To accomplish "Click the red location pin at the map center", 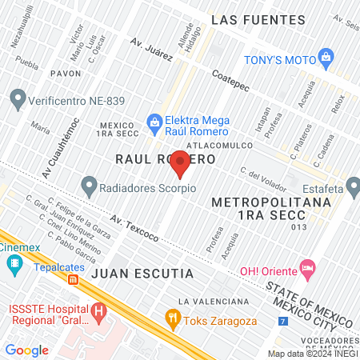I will [x=180, y=163].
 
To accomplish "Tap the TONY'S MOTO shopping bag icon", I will [x=326, y=57].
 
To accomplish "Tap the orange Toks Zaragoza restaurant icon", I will [x=172, y=318].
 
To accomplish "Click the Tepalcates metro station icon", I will [x=73, y=280].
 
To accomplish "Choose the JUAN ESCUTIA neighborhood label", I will [x=142, y=274].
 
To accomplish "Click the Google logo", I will [x=26, y=350].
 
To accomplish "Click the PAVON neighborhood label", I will [x=66, y=73].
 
